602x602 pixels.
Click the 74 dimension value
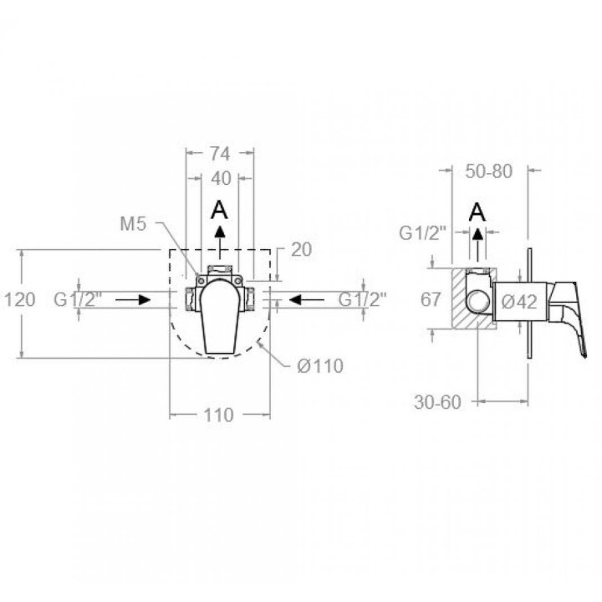[220, 154]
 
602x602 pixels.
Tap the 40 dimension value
[221, 179]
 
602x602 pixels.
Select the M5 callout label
[133, 224]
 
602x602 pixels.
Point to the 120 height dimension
[19, 299]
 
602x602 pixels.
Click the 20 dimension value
[301, 249]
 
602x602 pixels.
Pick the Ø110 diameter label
[319, 366]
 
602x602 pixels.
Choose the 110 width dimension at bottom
[218, 415]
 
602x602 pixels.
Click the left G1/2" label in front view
[78, 299]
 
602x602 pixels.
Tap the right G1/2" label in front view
[362, 299]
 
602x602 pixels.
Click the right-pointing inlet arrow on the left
[133, 300]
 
